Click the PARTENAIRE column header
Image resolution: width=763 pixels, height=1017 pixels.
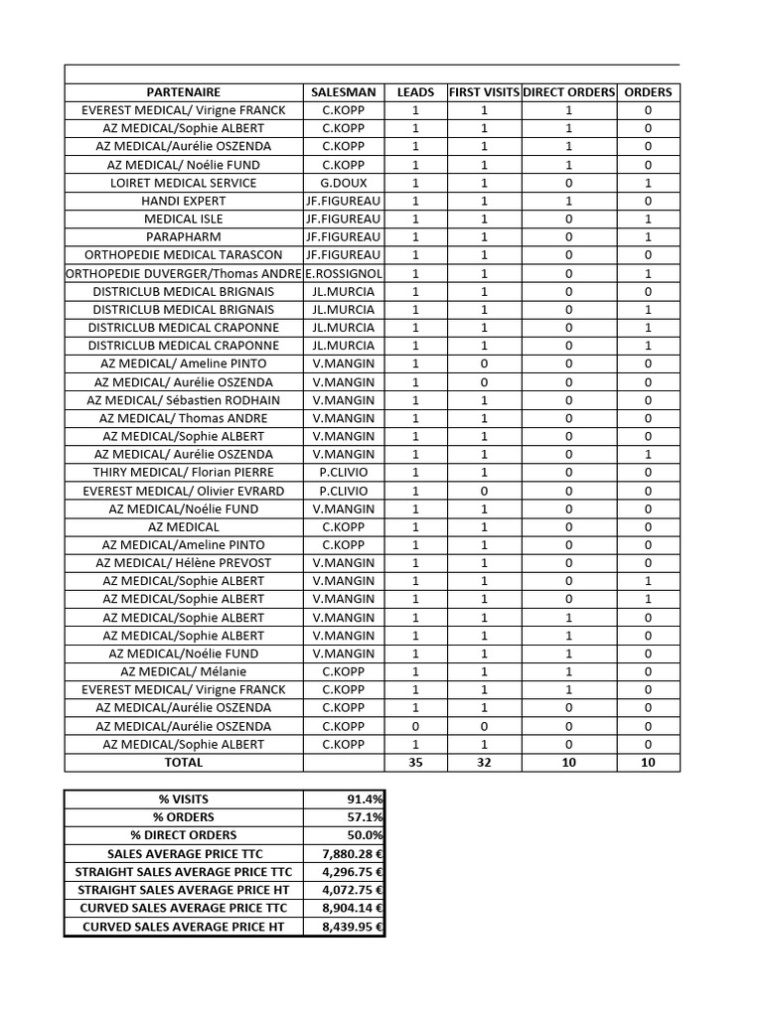coord(184,92)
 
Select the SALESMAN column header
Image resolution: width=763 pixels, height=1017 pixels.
coord(343,92)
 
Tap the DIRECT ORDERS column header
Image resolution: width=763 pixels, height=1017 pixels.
coord(569,92)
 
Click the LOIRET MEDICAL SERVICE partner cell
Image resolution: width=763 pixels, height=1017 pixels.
coord(184,183)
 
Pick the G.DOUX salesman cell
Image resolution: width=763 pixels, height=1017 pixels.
coord(343,183)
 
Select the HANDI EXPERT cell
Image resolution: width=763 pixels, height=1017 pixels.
coord(184,201)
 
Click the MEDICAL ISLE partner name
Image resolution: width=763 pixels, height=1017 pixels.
coord(184,218)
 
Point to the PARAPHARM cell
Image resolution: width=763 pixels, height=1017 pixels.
coord(184,237)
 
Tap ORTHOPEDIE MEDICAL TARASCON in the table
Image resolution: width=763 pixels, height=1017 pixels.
coord(184,255)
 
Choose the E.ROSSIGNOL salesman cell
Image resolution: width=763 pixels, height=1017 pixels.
coord(344,273)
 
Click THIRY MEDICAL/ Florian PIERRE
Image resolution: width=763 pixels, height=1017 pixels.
coord(184,473)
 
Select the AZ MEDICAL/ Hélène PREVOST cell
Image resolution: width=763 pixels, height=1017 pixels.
coord(184,563)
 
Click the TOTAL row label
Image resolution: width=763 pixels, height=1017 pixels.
coord(184,763)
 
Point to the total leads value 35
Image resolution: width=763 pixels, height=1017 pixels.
coord(415,763)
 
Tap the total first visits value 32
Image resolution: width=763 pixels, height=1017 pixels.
coord(484,763)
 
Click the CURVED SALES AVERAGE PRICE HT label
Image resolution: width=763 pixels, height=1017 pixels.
coord(184,927)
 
